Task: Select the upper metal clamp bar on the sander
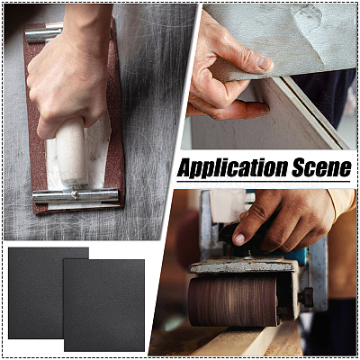(44, 34)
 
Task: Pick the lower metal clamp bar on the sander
(76, 195)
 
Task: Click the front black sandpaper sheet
(104, 305)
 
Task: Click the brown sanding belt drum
(233, 301)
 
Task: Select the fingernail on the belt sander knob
(239, 239)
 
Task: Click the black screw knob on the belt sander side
(306, 297)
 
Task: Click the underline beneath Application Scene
(264, 181)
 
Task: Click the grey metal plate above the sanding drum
(242, 265)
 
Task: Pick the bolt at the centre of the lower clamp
(75, 195)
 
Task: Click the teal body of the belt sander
(300, 255)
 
